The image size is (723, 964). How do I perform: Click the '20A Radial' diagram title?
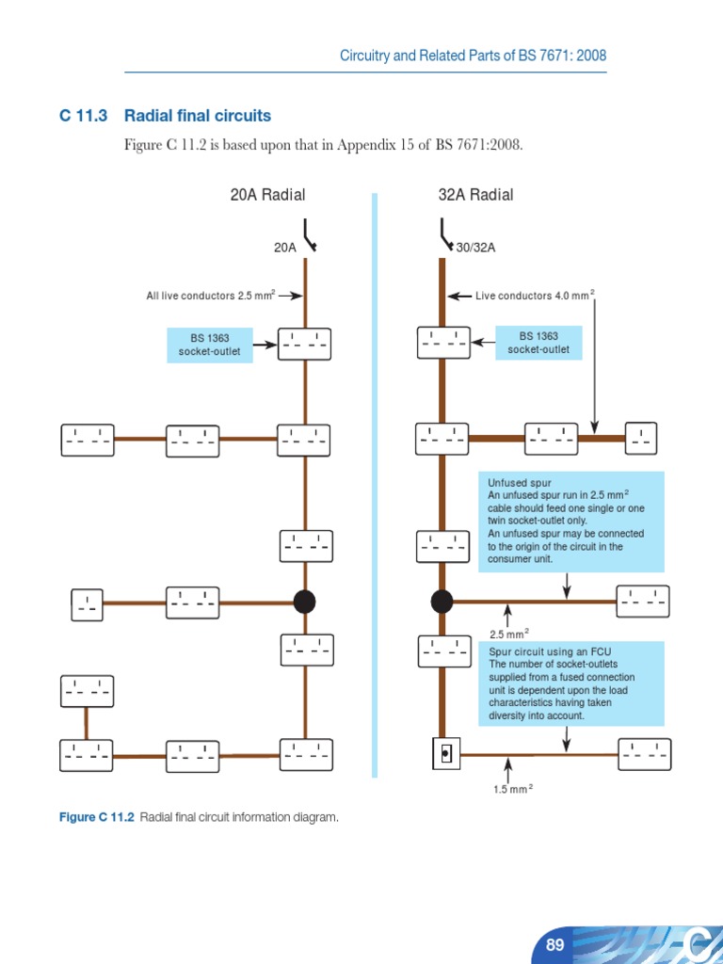(x=267, y=195)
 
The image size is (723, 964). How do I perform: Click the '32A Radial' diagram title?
(x=475, y=195)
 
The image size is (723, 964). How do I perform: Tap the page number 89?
(x=554, y=944)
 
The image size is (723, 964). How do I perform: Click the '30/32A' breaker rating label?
(x=475, y=248)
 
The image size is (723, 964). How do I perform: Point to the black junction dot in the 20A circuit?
(x=304, y=602)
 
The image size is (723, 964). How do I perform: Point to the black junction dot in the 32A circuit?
(x=442, y=602)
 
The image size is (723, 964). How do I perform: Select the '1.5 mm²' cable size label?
(x=512, y=789)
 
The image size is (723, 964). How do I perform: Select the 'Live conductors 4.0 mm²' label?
(x=535, y=296)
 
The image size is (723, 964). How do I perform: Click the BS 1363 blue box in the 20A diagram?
(x=210, y=345)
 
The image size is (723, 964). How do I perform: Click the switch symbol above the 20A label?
(x=308, y=234)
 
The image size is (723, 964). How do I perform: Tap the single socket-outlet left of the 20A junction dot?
(x=88, y=604)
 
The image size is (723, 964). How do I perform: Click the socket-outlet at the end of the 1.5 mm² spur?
(x=645, y=754)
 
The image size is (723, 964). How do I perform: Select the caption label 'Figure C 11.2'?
(x=97, y=817)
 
